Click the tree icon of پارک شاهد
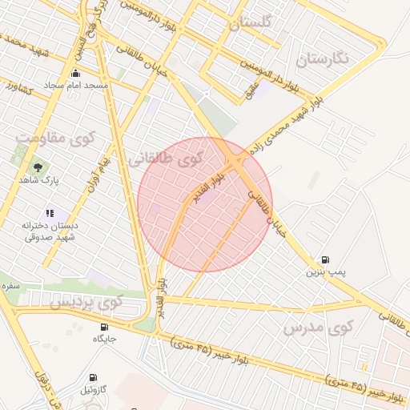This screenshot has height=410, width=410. [38, 167]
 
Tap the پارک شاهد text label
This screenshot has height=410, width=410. [39, 181]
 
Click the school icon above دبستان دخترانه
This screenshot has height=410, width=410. [50, 213]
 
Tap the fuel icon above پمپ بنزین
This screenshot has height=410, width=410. [325, 259]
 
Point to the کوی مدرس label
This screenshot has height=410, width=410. [318, 328]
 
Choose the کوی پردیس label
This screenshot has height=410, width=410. [86, 304]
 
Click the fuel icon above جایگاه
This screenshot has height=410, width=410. [105, 327]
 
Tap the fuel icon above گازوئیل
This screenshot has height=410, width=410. [94, 376]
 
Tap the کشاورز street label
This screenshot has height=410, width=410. [18, 87]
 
